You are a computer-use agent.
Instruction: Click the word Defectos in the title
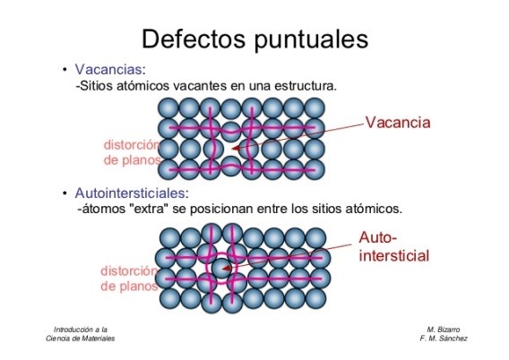(194, 39)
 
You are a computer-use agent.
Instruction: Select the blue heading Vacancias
(108, 69)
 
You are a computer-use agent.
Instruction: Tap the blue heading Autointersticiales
(130, 193)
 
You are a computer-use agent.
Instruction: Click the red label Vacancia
(398, 123)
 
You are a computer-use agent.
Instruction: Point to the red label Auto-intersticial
(394, 247)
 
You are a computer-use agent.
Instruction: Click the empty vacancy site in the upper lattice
(231, 149)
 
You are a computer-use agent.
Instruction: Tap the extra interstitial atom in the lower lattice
(221, 269)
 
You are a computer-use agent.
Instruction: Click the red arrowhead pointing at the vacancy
(236, 149)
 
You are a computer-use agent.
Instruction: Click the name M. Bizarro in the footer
(444, 330)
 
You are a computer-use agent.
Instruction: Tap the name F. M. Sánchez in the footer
(444, 339)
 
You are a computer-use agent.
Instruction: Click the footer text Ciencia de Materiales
(80, 339)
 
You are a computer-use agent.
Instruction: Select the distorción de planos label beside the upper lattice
(132, 152)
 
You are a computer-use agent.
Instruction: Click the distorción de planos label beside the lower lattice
(129, 279)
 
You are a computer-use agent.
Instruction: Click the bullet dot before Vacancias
(65, 69)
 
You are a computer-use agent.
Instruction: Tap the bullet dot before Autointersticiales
(65, 193)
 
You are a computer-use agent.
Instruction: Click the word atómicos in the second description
(374, 209)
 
